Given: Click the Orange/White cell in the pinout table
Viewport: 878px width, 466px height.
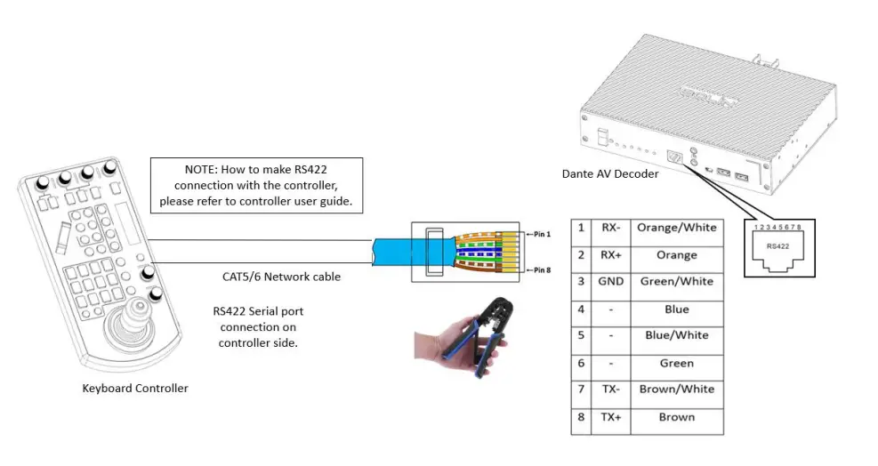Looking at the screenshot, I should pyautogui.click(x=676, y=228).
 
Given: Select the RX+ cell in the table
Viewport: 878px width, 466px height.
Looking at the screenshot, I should pyautogui.click(x=609, y=254).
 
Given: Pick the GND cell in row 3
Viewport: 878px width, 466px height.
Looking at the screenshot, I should pyautogui.click(x=609, y=281).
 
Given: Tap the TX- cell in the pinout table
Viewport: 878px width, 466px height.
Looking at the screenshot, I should pyautogui.click(x=609, y=390).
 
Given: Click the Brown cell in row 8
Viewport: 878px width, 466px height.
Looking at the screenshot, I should pyautogui.click(x=676, y=417).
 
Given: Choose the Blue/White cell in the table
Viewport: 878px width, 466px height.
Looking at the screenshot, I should pyautogui.click(x=676, y=335).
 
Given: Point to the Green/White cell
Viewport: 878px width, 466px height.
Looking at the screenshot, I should pyautogui.click(x=676, y=281).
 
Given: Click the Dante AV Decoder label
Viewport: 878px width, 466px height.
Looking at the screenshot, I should pyautogui.click(x=610, y=174).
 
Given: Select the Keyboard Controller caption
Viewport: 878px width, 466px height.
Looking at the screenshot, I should pyautogui.click(x=135, y=388).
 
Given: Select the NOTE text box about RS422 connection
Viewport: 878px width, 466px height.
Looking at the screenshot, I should pyautogui.click(x=256, y=184).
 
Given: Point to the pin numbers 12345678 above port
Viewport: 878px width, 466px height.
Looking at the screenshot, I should pyautogui.click(x=776, y=229).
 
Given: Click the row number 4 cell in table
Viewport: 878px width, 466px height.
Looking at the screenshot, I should pyautogui.click(x=581, y=309).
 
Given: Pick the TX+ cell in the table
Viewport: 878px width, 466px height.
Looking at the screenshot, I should pyautogui.click(x=609, y=417).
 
